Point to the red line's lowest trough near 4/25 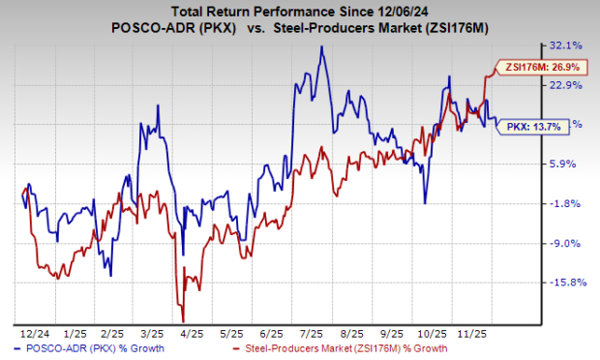point(182,322)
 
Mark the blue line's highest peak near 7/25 point(320,46)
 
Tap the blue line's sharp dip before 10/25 point(425,202)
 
